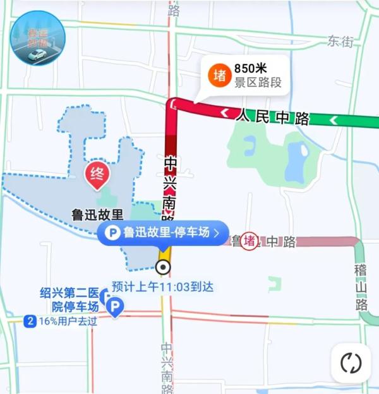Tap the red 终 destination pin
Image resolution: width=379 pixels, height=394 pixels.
pos(97,172)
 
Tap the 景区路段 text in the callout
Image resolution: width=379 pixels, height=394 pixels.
pos(258,82)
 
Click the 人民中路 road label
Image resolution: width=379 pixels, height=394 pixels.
pos(274,117)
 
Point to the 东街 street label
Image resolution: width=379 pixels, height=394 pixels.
pos(340,41)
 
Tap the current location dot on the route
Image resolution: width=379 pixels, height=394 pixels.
pos(164,267)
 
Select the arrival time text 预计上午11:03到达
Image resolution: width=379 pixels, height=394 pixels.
pos(162,286)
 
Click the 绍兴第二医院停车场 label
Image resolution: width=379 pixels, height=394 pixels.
pos(69,300)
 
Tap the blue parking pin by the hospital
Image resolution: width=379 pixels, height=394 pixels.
pos(115,308)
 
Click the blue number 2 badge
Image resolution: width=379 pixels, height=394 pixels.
pos(29,321)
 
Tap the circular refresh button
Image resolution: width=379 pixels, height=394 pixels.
pos(351,363)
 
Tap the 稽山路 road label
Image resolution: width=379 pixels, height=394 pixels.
pos(362,288)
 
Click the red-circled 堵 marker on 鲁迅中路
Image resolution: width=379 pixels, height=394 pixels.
pos(250,241)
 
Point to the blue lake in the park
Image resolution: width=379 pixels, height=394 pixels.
pos(295,155)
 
